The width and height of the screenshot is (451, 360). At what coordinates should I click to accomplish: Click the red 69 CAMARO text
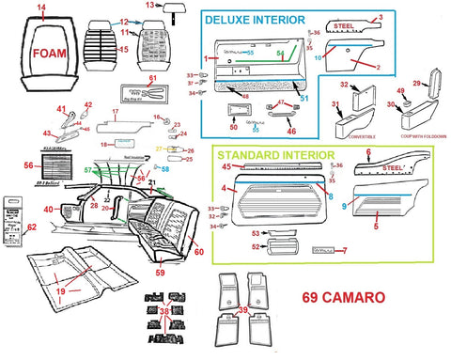click(343, 298)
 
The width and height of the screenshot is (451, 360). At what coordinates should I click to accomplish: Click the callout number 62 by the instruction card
click(32, 227)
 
